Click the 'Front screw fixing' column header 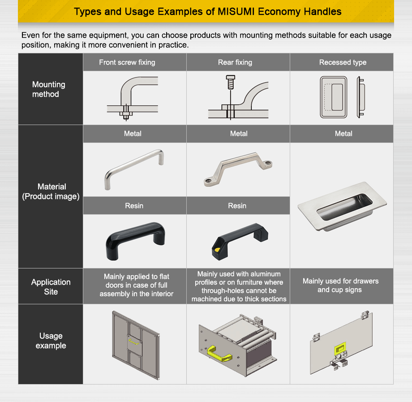pos(127,62)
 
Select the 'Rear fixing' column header pos(235,62)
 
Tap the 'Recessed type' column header pos(343,62)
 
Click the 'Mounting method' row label pos(48,89)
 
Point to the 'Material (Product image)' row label pos(51,191)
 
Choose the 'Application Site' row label pos(51,287)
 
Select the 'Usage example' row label pos(51,341)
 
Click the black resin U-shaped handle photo pos(135,242)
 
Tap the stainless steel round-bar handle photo pos(134,169)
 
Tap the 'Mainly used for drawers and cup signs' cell pos(340,285)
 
